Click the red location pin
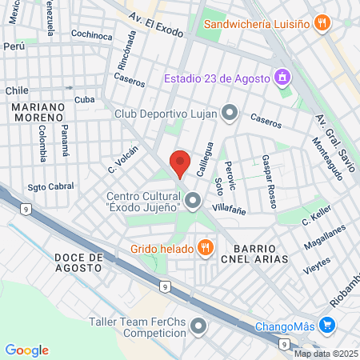180,162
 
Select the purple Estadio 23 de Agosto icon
282,78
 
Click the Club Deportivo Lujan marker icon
230,113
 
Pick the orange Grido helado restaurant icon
206,247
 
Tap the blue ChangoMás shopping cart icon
326,326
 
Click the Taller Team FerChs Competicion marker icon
198,326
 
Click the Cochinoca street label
91,35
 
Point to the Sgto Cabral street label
50,186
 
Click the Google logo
26,350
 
